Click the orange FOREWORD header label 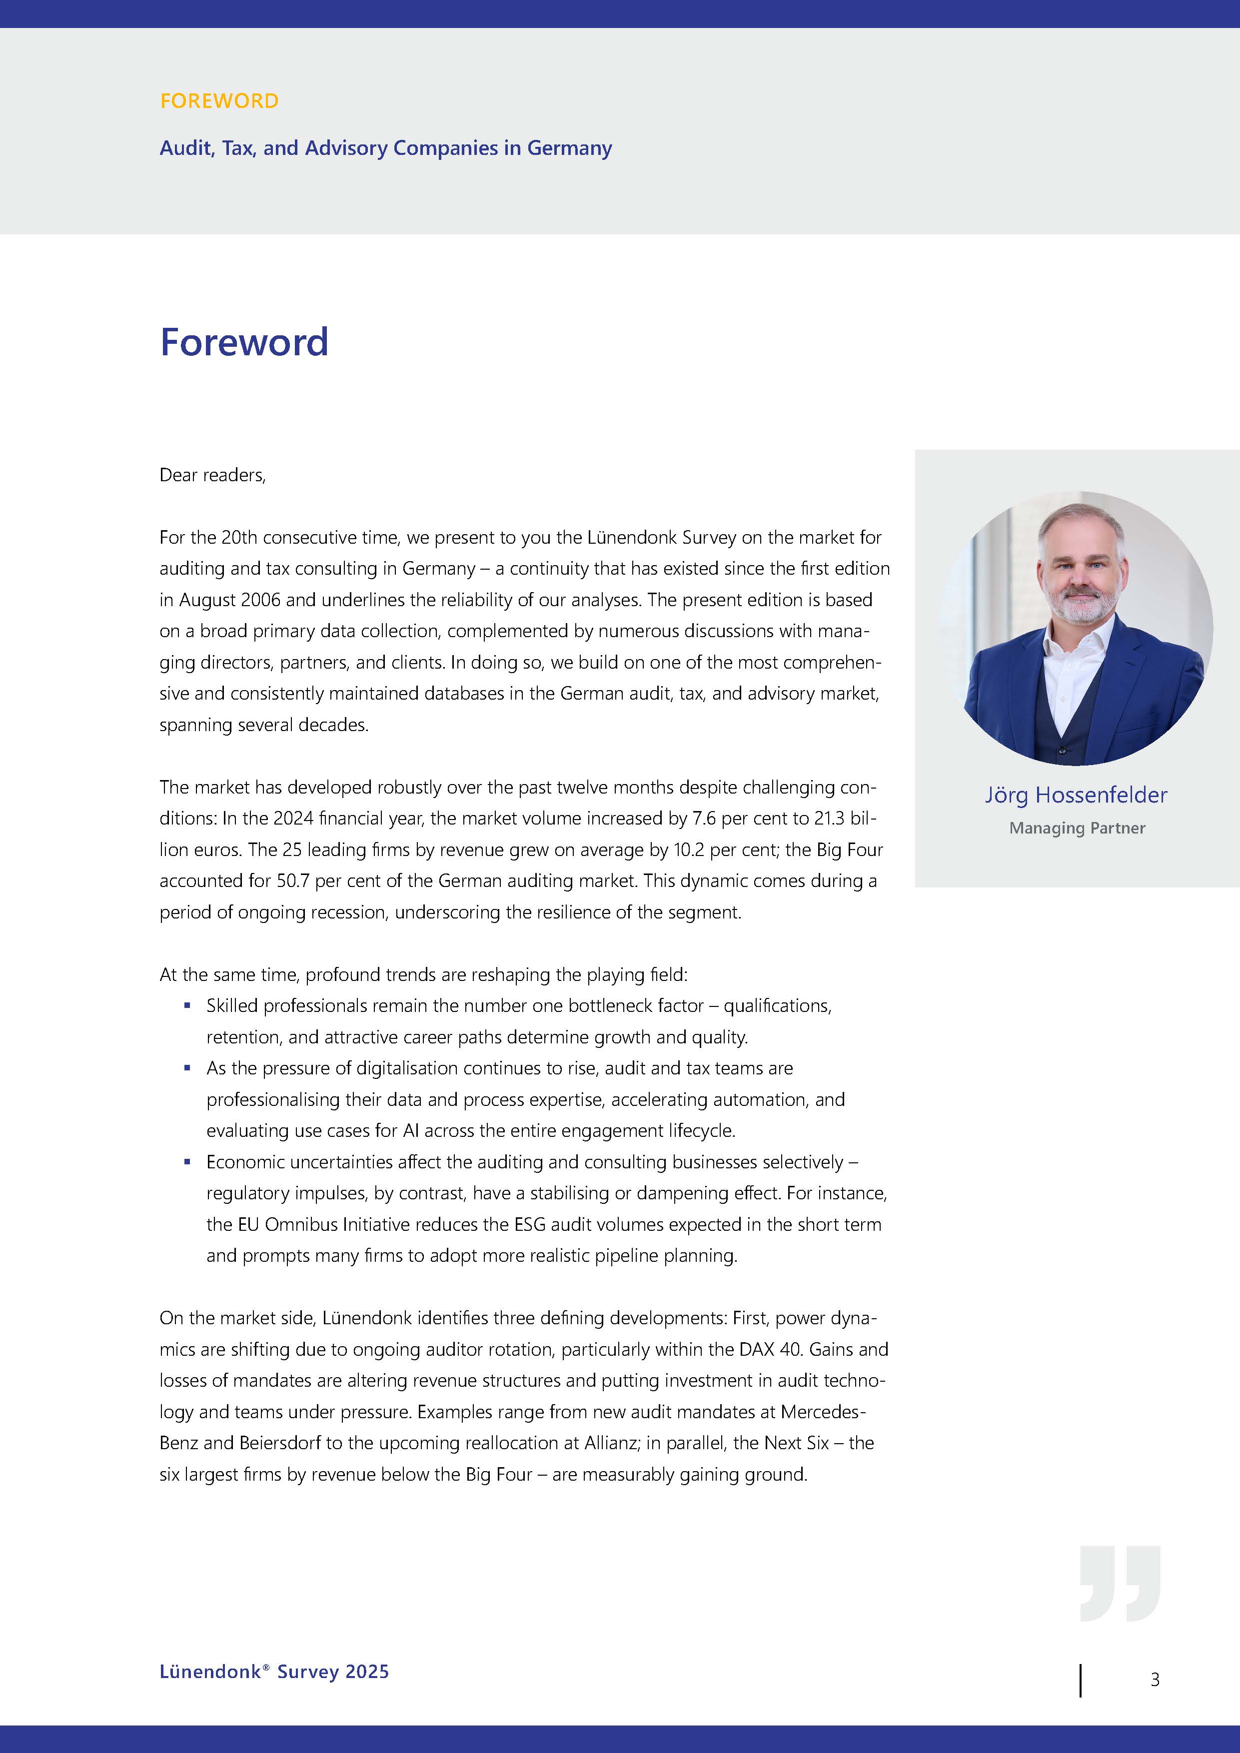click(x=219, y=101)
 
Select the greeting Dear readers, click(x=212, y=475)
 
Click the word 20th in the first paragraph click(x=239, y=538)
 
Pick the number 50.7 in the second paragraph click(x=292, y=881)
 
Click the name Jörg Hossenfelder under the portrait click(x=1076, y=795)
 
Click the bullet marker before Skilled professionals click(x=187, y=1005)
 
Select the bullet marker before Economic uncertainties click(x=187, y=1161)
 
